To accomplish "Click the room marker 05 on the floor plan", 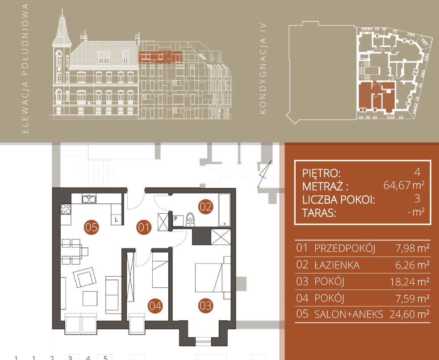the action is tap(92, 227).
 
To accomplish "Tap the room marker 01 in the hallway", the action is tap(144, 227).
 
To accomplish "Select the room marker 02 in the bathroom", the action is tap(205, 207).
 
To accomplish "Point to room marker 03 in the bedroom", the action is tap(205, 306).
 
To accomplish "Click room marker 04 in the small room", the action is tap(155, 306).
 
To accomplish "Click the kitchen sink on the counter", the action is tap(89, 199).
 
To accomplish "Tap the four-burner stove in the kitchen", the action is tap(66, 209).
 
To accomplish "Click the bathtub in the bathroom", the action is tap(225, 210).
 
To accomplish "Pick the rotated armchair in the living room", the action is tap(85, 277).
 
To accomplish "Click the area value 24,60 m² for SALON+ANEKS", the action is tap(410, 314).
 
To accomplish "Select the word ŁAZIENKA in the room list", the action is tap(337, 265).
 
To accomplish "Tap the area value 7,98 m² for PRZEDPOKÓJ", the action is tap(412, 248).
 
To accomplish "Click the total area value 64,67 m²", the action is tap(404, 185).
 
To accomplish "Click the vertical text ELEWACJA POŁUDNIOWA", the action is tap(25, 69).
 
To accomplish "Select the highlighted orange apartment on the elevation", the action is tap(160, 57).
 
